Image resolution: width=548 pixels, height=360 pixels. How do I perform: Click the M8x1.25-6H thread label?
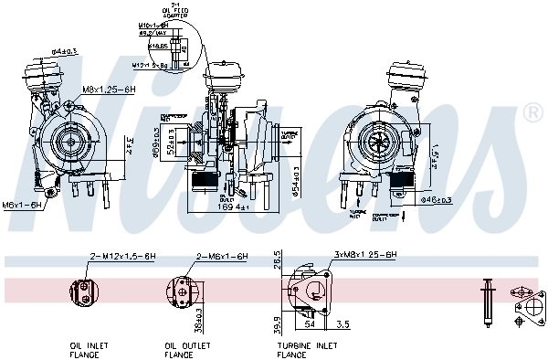coord(109,90)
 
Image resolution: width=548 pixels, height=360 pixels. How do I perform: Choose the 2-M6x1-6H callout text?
coord(219,259)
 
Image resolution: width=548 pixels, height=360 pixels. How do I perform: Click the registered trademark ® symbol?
coord(532,112)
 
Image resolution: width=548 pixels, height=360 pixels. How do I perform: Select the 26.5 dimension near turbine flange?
coord(277,261)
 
